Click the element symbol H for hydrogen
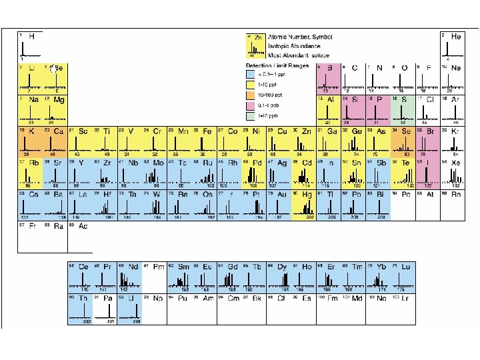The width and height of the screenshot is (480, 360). pyautogui.click(x=32, y=36)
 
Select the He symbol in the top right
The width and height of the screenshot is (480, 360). pyautogui.click(x=457, y=36)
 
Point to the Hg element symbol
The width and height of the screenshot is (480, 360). pyautogui.click(x=307, y=195)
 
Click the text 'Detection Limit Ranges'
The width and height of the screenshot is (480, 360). pyautogui.click(x=276, y=66)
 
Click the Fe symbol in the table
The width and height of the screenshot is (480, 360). pyautogui.click(x=208, y=131)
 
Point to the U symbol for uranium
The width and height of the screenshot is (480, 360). pyautogui.click(x=133, y=298)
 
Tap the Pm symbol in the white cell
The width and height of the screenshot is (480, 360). pyautogui.click(x=157, y=266)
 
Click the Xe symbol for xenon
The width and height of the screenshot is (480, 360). pyautogui.click(x=457, y=163)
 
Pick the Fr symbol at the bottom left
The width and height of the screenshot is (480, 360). pyautogui.click(x=31, y=227)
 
